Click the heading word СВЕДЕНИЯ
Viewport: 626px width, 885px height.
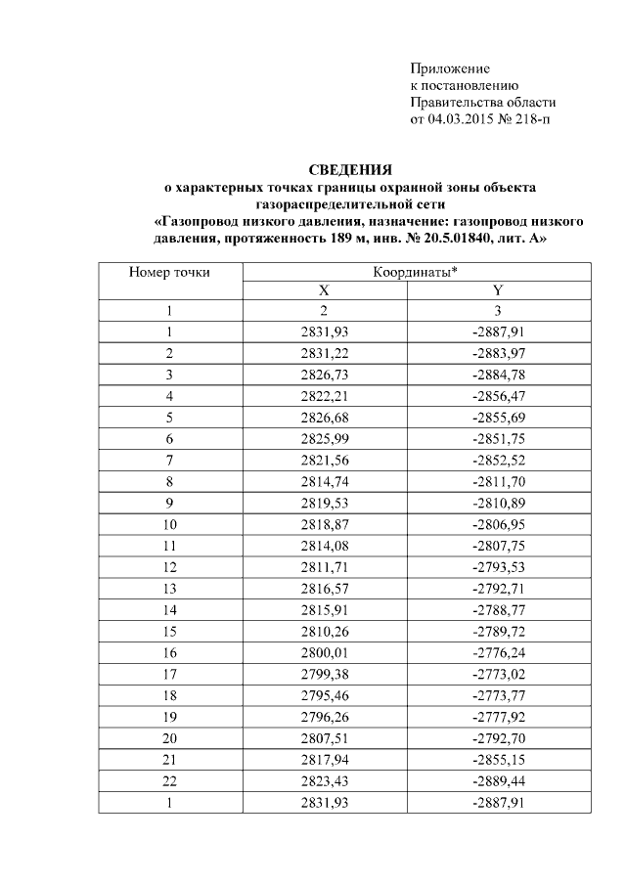point(350,169)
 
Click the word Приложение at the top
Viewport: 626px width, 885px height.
point(449,68)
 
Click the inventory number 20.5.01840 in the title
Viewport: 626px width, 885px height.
point(460,237)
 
